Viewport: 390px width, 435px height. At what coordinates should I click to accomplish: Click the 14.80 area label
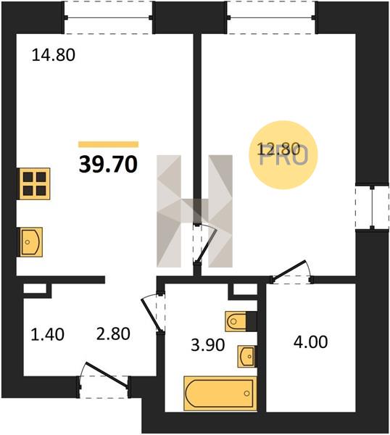[x=54, y=55]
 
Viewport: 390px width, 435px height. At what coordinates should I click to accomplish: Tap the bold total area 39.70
[x=108, y=165]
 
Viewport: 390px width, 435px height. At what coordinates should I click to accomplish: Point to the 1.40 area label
[x=47, y=334]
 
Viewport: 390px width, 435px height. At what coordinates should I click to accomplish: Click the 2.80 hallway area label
[x=113, y=334]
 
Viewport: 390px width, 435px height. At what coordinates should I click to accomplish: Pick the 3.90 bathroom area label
[x=208, y=345]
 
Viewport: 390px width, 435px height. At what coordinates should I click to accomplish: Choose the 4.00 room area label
[x=311, y=341]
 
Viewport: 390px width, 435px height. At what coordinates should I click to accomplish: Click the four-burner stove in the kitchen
[x=34, y=183]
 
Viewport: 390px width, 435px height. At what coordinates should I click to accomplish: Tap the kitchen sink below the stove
[x=30, y=242]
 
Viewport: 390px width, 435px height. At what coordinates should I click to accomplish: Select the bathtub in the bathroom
[x=220, y=393]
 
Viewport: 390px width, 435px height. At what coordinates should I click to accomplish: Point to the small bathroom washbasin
[x=246, y=357]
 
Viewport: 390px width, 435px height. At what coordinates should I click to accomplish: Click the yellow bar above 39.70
[x=109, y=144]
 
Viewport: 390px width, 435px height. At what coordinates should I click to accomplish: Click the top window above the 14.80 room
[x=108, y=17]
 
